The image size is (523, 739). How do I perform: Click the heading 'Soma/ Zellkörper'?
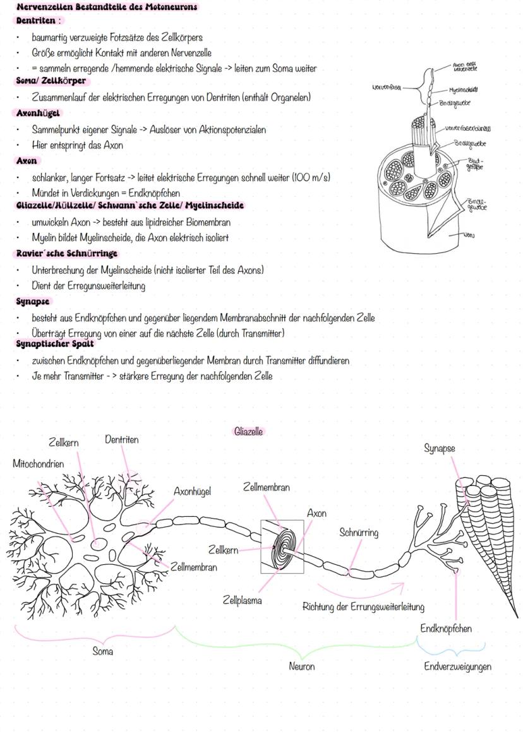(50, 81)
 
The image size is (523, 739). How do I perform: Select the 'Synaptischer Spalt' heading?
(54, 343)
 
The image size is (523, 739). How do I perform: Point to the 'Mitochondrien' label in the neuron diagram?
(38, 464)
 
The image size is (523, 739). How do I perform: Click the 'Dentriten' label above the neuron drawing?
(121, 439)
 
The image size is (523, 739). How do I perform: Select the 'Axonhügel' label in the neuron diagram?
(192, 491)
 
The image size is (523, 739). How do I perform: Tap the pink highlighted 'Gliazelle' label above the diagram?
(248, 432)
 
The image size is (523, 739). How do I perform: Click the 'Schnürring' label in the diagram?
(359, 533)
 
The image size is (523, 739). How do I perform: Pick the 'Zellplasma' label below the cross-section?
(242, 600)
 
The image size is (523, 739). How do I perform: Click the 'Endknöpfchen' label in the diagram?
(446, 629)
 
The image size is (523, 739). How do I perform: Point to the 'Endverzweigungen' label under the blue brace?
(457, 666)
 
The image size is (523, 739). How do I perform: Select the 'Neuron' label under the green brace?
(301, 666)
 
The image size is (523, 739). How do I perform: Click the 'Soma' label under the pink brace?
(103, 651)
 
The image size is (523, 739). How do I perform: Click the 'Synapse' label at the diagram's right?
(440, 448)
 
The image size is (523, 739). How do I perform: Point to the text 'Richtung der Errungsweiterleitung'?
(363, 606)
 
